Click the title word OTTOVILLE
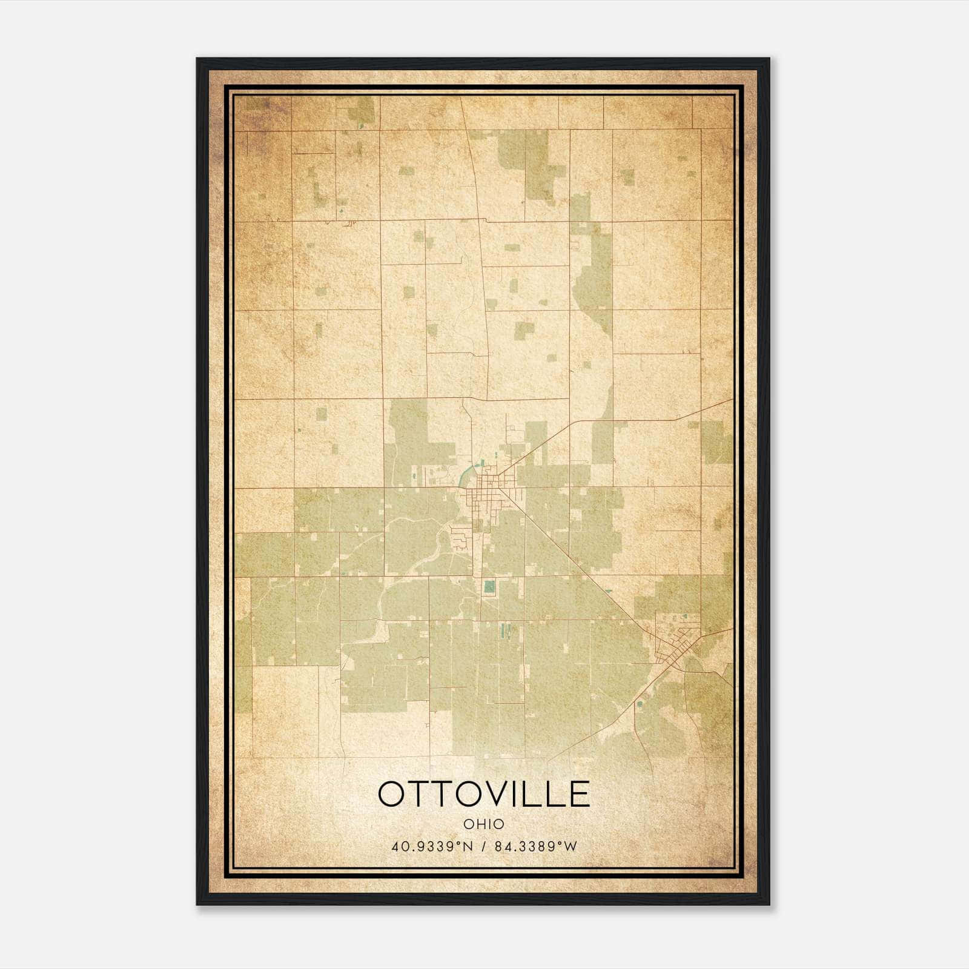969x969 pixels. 484,794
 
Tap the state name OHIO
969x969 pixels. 484,824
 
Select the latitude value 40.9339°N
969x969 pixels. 431,847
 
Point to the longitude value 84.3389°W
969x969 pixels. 536,847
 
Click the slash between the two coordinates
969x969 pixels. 483,847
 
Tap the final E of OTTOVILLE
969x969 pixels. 579,794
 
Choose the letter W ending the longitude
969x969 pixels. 571,847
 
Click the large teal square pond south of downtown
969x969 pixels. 489,586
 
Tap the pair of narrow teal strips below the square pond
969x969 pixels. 504,633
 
